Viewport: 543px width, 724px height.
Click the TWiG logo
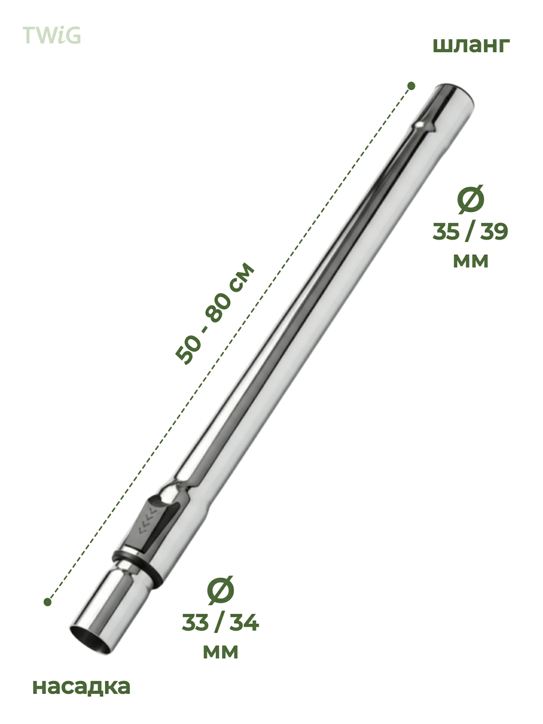[52, 35]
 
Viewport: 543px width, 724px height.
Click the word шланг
[471, 46]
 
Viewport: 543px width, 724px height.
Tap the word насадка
[82, 686]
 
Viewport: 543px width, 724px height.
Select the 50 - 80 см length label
[215, 313]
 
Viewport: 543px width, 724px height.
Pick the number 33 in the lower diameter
[195, 623]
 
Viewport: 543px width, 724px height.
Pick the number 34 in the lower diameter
[244, 623]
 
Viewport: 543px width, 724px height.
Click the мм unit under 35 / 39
[471, 261]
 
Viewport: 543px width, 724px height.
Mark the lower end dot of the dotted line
[47, 602]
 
